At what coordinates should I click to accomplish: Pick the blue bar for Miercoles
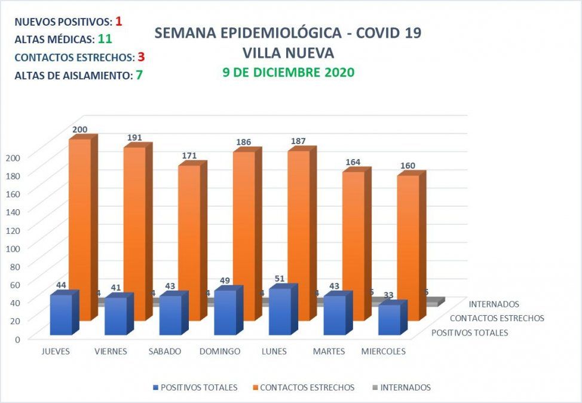[x=389, y=320]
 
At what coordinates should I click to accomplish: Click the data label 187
[x=298, y=141]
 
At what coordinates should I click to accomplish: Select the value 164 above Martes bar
[x=353, y=162]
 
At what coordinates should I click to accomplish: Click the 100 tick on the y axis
[x=13, y=248]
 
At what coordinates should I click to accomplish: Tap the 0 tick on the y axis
[x=17, y=338]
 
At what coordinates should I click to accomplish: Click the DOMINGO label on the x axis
[x=220, y=352]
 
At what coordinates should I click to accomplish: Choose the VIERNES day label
[x=111, y=352]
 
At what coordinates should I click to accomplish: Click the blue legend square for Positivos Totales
[x=156, y=387]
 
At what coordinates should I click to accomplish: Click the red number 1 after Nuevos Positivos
[x=119, y=22]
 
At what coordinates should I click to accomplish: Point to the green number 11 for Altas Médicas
[x=105, y=39]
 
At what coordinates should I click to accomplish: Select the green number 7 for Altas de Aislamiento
[x=139, y=75]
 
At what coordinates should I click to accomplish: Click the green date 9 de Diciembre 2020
[x=287, y=72]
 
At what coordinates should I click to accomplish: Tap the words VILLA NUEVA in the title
[x=287, y=53]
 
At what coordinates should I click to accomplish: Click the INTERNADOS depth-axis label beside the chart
[x=494, y=304]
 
